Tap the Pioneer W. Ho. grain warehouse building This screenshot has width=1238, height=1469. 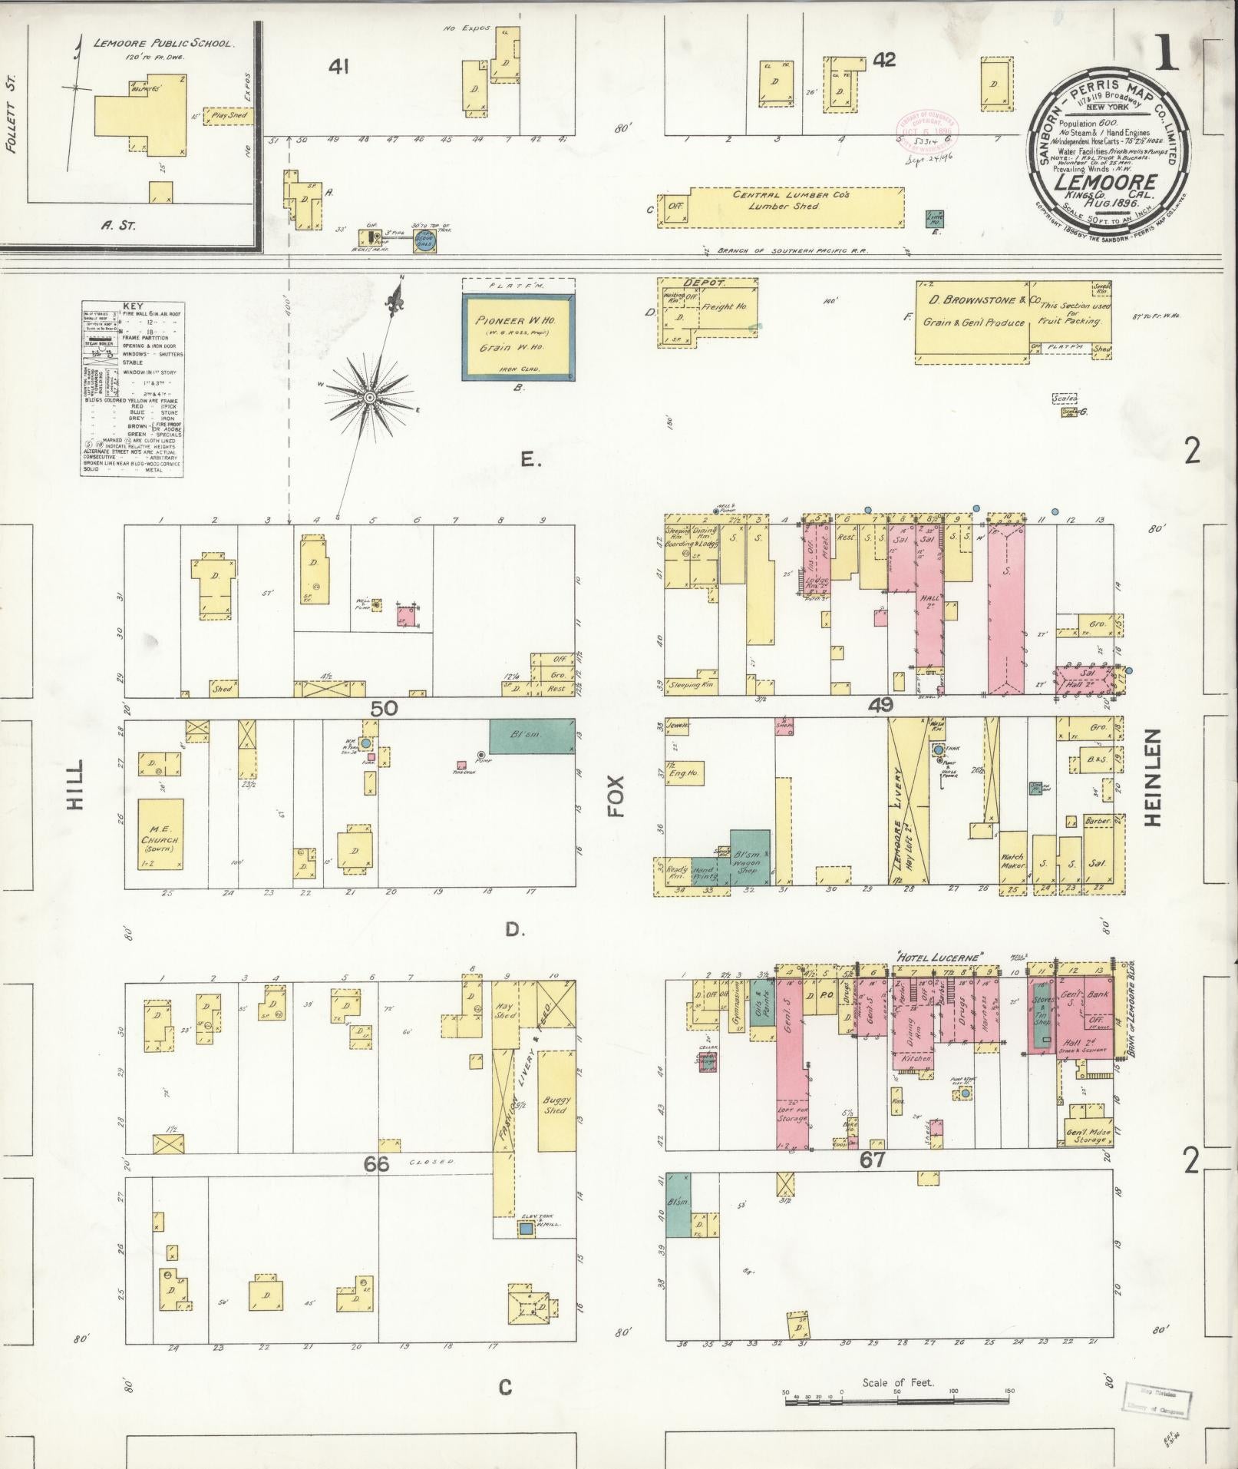[x=518, y=336]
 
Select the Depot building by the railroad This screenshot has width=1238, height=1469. [x=706, y=313]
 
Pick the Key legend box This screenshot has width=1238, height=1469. [x=132, y=389]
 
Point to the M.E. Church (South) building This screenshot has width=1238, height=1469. [x=160, y=834]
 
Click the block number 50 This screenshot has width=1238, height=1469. [x=384, y=708]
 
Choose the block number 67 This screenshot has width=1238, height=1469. [x=872, y=1181]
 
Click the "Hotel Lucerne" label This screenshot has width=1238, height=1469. [x=940, y=958]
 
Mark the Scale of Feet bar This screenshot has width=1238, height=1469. [x=898, y=1401]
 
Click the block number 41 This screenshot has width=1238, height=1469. [x=338, y=68]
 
